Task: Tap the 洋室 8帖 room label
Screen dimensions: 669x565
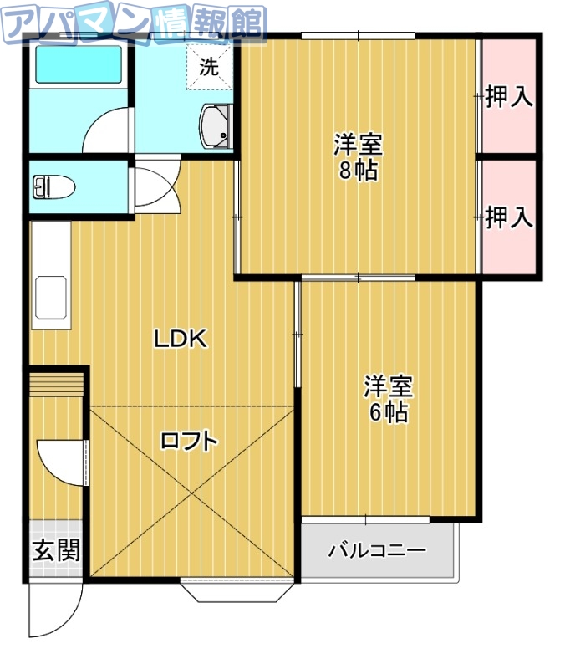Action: tap(358, 157)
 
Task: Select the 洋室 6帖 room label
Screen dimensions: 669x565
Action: tap(388, 399)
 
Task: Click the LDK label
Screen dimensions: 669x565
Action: tap(179, 339)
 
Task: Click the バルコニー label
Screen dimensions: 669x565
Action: tap(377, 551)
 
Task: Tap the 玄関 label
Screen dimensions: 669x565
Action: tap(56, 551)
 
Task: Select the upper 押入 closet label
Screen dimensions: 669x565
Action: tap(508, 96)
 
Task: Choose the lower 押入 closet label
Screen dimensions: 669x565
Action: tap(508, 218)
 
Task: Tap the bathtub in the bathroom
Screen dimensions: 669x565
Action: tap(77, 64)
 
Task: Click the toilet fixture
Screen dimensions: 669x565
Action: tap(53, 186)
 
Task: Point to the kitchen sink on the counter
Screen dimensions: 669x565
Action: tap(52, 298)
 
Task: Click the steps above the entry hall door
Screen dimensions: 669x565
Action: tap(57, 386)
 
